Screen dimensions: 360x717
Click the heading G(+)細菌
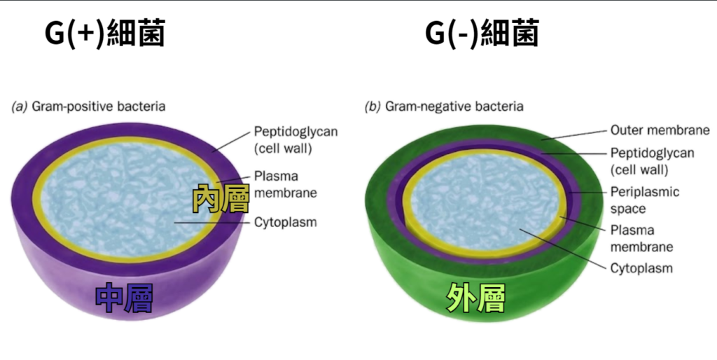pyautogui.click(x=104, y=33)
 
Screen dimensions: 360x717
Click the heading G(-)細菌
pyautogui.click(x=482, y=33)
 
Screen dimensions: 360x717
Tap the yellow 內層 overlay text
pyautogui.click(x=221, y=198)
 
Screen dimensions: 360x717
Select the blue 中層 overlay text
pyautogui.click(x=124, y=298)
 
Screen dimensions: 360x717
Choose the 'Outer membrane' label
pyautogui.click(x=660, y=130)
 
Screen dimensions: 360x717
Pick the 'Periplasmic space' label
pyautogui.click(x=644, y=200)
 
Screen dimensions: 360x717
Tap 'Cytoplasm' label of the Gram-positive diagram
pyautogui.click(x=285, y=223)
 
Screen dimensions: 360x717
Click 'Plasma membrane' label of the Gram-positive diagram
pyautogui.click(x=285, y=184)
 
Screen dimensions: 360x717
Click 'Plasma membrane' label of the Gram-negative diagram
pyautogui.click(x=641, y=238)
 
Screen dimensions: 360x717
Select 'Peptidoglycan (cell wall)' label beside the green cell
pyautogui.click(x=650, y=161)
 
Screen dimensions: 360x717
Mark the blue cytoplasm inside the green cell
pyautogui.click(x=476, y=203)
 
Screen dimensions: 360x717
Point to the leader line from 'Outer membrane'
pyautogui.click(x=574, y=134)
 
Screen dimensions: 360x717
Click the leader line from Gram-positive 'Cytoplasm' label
pyautogui.click(x=210, y=223)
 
